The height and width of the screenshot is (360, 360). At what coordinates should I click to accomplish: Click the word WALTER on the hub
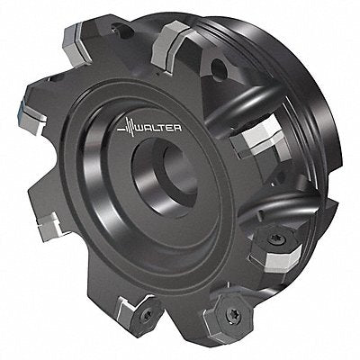[159, 129]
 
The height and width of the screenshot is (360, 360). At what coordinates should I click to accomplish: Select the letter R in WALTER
[178, 129]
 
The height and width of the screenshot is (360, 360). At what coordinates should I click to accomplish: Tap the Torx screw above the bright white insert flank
[274, 238]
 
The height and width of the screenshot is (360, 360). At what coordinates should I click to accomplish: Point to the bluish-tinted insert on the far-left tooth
[30, 118]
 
